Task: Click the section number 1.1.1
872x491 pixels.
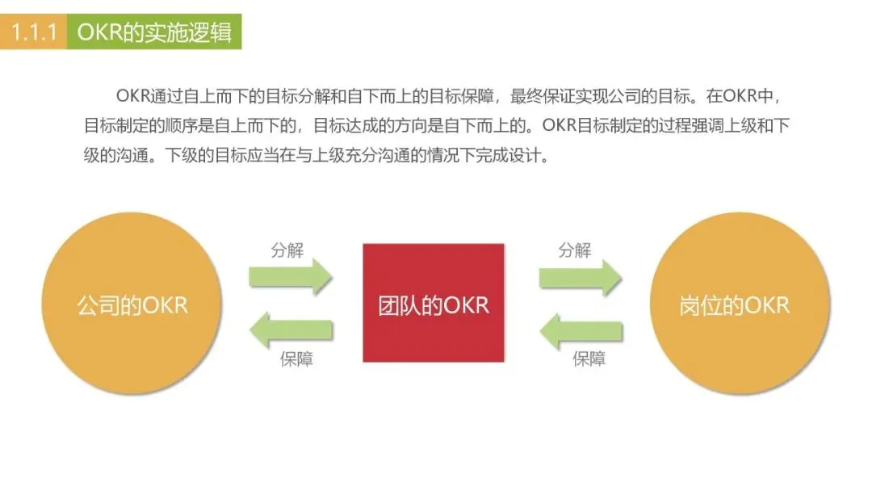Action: point(33,32)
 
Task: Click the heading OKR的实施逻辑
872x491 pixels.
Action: point(153,32)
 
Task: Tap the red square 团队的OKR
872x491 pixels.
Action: point(434,303)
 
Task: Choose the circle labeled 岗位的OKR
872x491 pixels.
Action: point(740,306)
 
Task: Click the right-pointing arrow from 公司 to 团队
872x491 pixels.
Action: point(291,277)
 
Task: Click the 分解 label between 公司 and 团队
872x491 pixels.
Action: point(287,250)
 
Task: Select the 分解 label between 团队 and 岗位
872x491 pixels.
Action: point(575,250)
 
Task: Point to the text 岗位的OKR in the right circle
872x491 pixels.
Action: point(735,306)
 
